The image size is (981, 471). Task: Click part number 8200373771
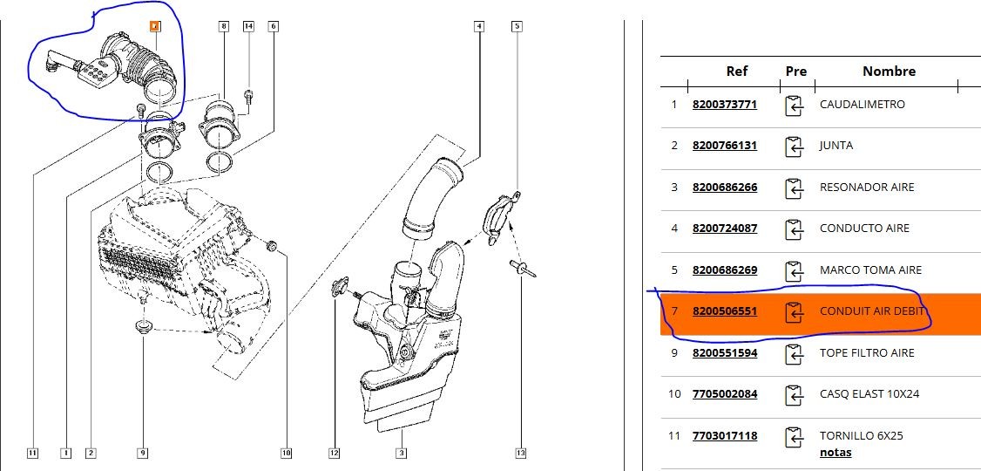(x=724, y=105)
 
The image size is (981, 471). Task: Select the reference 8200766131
(x=724, y=146)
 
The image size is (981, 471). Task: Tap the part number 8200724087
(x=724, y=229)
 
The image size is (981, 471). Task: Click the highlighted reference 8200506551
(x=724, y=311)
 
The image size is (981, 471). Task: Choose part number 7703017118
(x=724, y=435)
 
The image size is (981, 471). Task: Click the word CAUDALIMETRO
(x=862, y=105)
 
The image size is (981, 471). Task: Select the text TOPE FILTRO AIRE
(x=867, y=352)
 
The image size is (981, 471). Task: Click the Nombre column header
(x=889, y=72)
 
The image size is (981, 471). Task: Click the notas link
(x=836, y=452)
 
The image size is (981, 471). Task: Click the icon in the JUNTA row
(x=794, y=146)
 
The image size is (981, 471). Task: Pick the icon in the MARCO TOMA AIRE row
(x=794, y=270)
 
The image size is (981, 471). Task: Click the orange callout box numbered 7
(x=155, y=26)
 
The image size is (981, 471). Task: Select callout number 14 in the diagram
(x=248, y=26)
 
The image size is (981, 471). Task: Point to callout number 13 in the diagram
(x=520, y=453)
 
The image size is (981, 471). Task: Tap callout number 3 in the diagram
(x=401, y=453)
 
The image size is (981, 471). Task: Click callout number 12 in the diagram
(x=334, y=453)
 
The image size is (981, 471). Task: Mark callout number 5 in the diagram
(x=517, y=26)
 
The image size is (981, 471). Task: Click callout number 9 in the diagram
(x=142, y=453)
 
